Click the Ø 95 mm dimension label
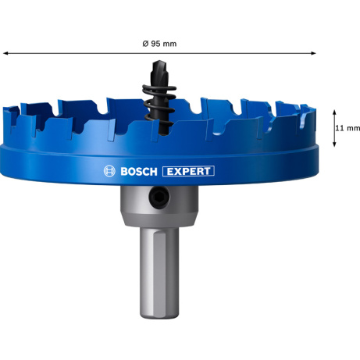[x=159, y=44]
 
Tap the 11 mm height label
[x=348, y=128]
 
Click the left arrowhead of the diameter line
[x=5, y=53]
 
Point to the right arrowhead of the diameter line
[x=313, y=53]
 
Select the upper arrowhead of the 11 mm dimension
[x=334, y=112]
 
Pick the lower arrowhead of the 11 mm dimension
[x=334, y=144]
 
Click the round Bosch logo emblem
[x=109, y=171]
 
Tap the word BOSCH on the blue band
[x=139, y=172]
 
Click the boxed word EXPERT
[x=188, y=171]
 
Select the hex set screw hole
[x=159, y=198]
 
